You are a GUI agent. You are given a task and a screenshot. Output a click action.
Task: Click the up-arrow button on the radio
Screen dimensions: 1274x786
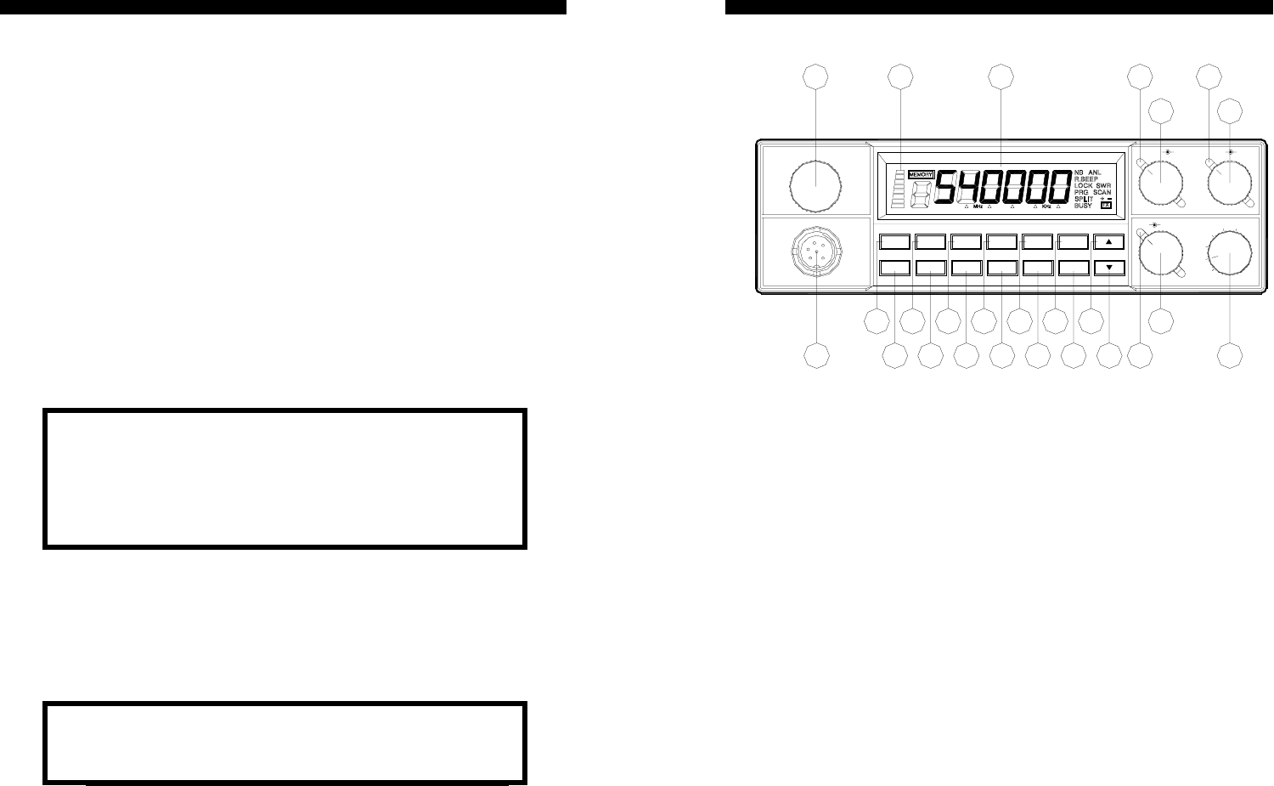tap(1109, 242)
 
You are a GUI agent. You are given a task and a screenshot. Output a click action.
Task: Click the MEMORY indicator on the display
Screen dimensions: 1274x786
tap(922, 173)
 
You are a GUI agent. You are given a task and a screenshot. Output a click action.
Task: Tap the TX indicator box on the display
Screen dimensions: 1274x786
tap(1106, 205)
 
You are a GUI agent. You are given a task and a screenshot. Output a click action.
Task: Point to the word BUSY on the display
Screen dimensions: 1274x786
tap(1083, 206)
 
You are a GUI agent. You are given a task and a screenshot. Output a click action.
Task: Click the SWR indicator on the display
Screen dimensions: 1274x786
tap(1103, 185)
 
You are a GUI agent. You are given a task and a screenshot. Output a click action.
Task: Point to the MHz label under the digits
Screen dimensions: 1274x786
tap(978, 206)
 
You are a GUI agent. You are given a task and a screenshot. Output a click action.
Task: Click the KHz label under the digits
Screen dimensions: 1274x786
tap(1046, 206)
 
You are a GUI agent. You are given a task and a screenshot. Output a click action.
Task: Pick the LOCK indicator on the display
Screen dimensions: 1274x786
tap(1083, 185)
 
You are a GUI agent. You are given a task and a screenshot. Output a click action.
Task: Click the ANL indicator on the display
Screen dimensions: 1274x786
tap(1095, 172)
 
